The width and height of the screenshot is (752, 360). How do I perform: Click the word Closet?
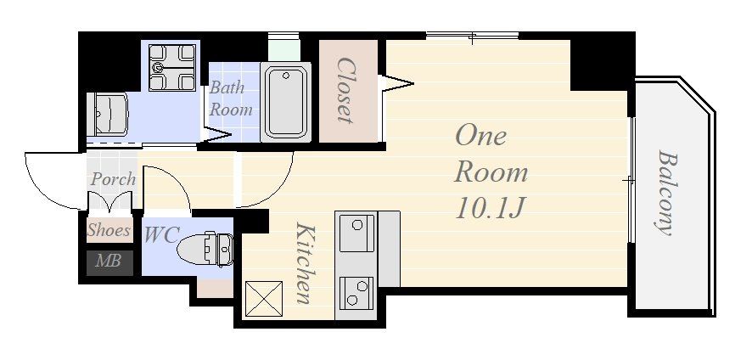tap(345, 90)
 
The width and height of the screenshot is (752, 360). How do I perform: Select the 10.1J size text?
tap(488, 208)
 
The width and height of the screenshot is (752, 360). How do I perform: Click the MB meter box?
tap(109, 262)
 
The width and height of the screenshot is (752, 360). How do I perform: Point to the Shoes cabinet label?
tap(109, 230)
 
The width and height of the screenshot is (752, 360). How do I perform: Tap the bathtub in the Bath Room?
tap(286, 103)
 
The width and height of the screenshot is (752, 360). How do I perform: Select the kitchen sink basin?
tap(356, 233)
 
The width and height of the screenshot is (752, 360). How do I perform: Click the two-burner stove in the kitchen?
tap(356, 293)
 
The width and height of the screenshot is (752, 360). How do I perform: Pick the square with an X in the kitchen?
tap(263, 299)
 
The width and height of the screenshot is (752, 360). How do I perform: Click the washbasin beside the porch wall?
tap(107, 114)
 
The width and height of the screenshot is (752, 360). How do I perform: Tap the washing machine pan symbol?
tap(172, 67)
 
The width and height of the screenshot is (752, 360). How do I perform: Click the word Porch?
tap(113, 179)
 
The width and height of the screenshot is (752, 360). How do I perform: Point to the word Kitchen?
tap(304, 263)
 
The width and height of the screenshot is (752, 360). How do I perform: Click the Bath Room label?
tap(231, 98)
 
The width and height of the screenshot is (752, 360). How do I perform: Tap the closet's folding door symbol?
tap(396, 83)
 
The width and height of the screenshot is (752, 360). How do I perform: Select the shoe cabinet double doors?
tap(109, 201)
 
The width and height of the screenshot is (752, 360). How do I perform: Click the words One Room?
tap(491, 154)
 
